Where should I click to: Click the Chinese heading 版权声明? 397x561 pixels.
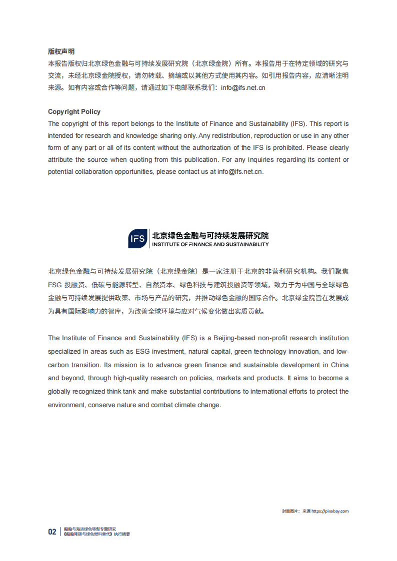61,51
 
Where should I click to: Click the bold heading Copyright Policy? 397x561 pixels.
74,111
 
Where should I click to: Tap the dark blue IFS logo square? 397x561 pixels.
138,239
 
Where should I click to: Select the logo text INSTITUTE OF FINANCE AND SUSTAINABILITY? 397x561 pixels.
210,245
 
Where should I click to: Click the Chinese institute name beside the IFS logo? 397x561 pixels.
210,235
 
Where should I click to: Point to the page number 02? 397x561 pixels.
52,532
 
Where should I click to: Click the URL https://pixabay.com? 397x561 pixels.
330,511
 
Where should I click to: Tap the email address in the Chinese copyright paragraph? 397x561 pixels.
243,88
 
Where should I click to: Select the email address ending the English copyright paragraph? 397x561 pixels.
239,171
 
